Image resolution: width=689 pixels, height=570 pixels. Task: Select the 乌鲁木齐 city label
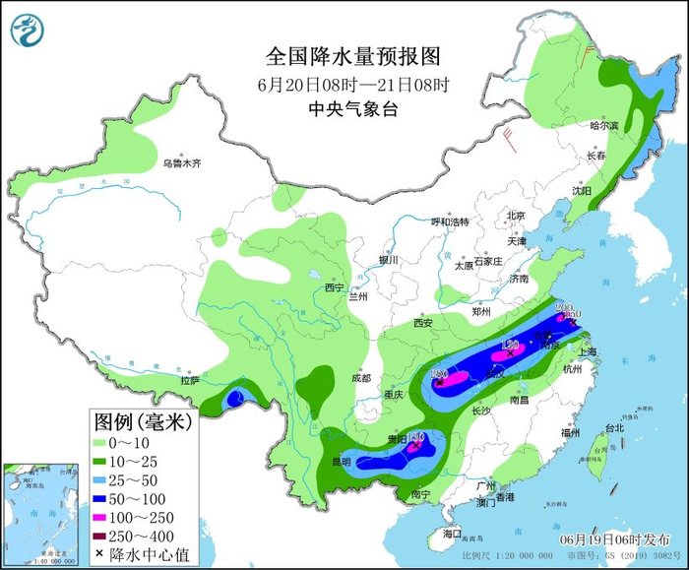click(182, 162)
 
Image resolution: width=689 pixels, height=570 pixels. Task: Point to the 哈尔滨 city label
click(603, 126)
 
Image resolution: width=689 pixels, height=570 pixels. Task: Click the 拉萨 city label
click(190, 379)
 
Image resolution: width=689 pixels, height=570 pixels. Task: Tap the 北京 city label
click(516, 216)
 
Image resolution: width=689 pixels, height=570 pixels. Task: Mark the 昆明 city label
click(341, 461)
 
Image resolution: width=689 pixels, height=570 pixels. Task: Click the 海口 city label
click(452, 533)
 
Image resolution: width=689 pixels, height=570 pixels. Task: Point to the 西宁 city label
click(335, 287)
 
